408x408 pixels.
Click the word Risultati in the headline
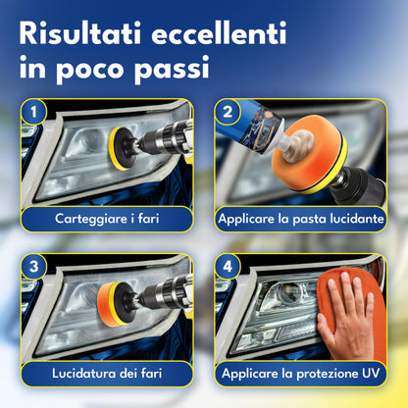pos(80,33)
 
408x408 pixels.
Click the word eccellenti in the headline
pos(219,33)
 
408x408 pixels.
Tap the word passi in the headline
pos(172,69)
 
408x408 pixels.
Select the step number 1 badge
pos(33,112)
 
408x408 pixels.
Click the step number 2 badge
pos(228,112)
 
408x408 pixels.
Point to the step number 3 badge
pos(33,267)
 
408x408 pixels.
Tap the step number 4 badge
pos(228,267)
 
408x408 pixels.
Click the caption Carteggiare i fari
pos(107,219)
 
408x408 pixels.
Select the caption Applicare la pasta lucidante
pos(301,219)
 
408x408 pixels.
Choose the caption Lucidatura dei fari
pos(107,374)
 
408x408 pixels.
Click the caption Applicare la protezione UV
pos(301,374)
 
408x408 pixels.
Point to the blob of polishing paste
pos(298,145)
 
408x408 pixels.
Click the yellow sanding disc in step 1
pos(120,149)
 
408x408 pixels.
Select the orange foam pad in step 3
pos(108,304)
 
